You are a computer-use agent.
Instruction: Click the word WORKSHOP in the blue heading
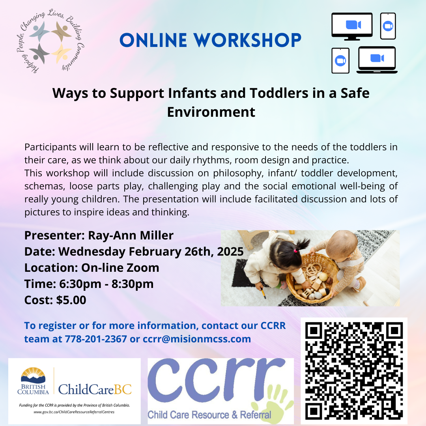[247, 40]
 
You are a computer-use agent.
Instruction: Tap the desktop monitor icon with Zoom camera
[352, 26]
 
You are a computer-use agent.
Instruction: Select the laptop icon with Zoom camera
[377, 60]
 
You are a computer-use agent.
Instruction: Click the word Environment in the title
[211, 112]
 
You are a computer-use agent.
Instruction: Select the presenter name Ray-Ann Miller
[131, 235]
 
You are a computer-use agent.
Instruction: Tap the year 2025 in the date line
[230, 252]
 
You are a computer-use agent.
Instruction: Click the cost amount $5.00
[71, 300]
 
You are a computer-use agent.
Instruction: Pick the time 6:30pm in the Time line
[80, 284]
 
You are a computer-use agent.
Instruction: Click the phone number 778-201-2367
[95, 339]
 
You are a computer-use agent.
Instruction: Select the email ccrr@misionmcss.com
[197, 339]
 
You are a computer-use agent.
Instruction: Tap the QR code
[354, 370]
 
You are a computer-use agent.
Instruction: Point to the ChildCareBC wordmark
[95, 390]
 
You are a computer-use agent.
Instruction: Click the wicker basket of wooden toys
[313, 280]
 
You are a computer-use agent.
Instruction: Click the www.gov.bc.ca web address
[74, 412]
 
